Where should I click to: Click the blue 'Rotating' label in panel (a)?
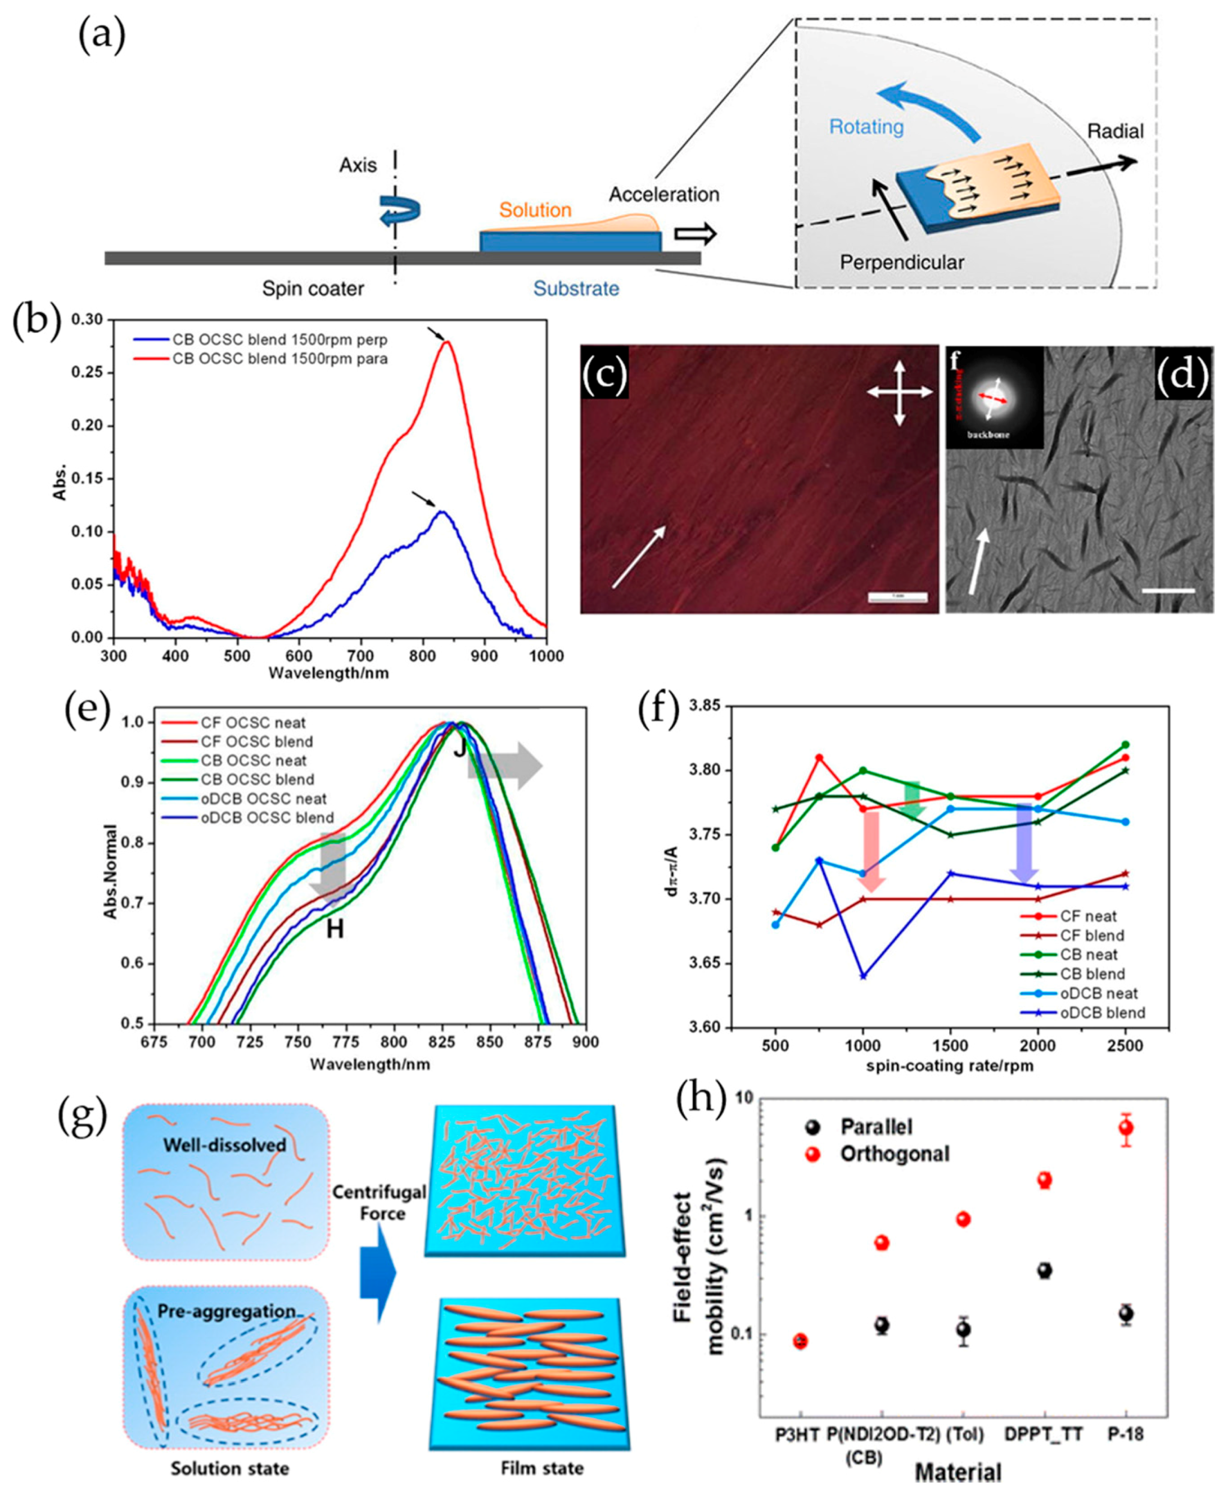pos(866,127)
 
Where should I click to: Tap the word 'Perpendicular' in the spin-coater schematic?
pos(901,263)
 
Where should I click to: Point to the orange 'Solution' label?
pos(535,210)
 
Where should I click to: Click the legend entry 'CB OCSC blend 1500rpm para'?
pos(279,359)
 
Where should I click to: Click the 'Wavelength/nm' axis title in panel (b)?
pos(328,673)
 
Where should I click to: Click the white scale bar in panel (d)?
pos(1168,590)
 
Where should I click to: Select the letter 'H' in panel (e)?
pos(335,929)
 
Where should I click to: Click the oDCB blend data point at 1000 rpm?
pos(863,977)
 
